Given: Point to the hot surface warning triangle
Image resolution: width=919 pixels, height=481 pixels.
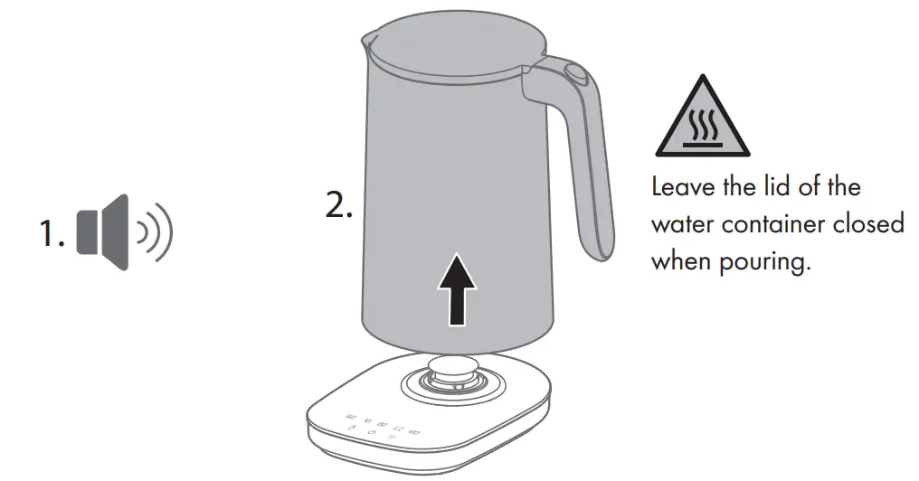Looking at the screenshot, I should click(701, 119).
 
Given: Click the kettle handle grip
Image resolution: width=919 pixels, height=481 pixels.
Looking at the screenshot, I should click(588, 172).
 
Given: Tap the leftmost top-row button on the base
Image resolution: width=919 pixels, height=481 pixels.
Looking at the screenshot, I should click(350, 418).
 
